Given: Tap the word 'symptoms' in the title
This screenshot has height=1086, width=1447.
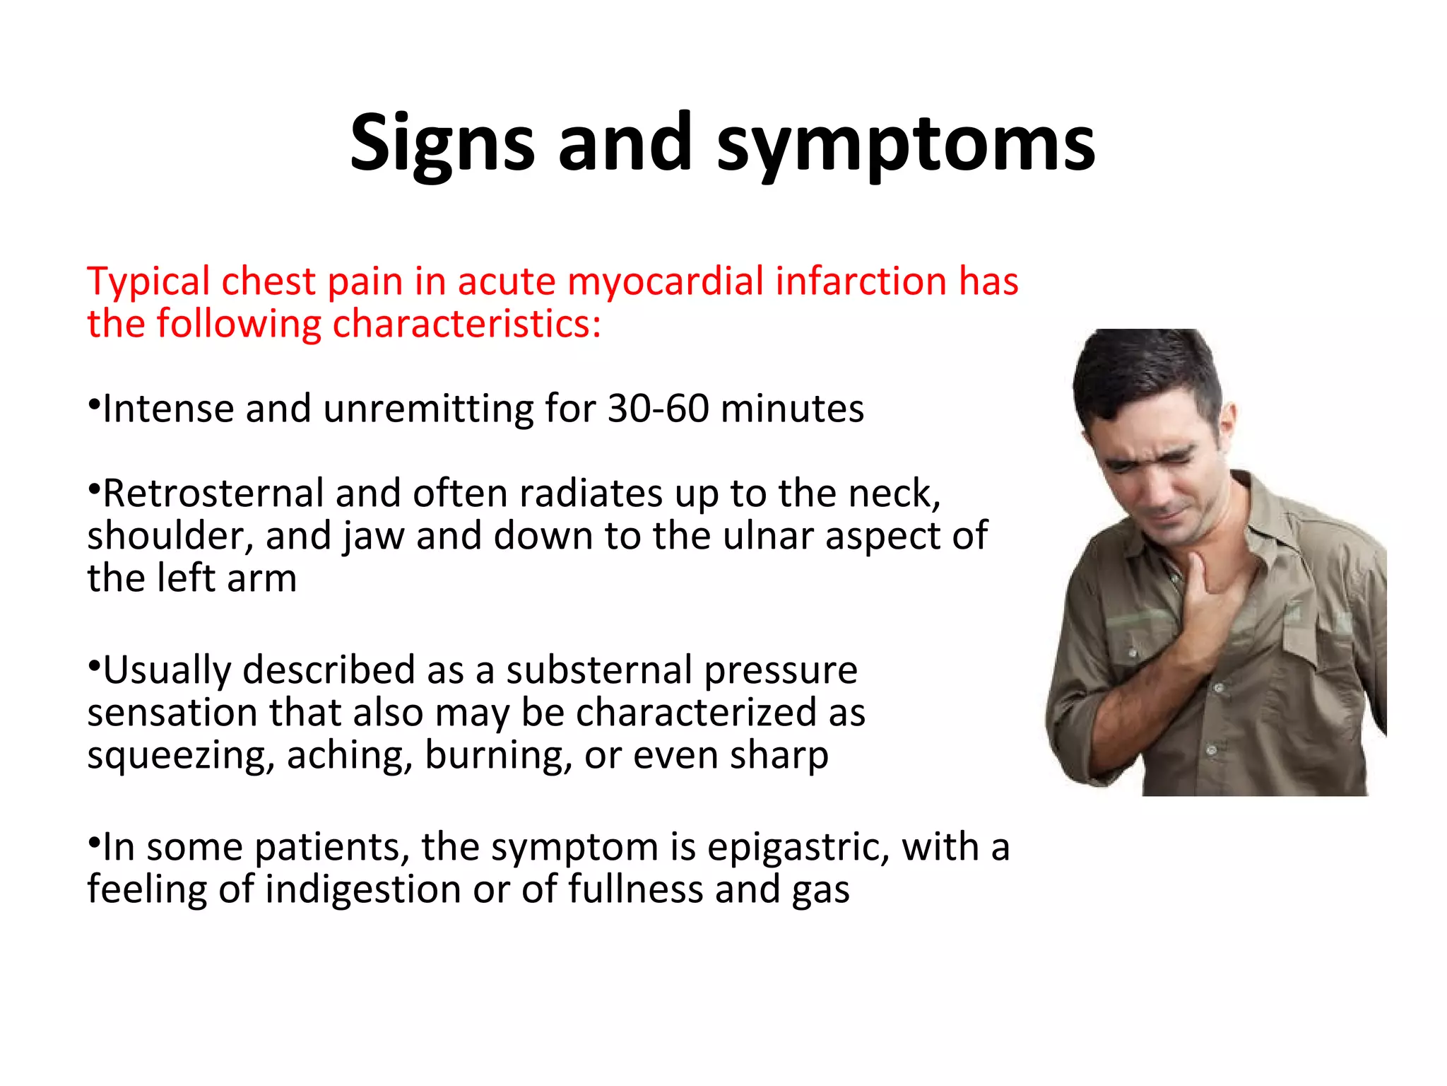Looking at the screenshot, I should pos(906,145).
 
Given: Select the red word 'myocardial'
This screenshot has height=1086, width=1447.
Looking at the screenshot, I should pos(666,281).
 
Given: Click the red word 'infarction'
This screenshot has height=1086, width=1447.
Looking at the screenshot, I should pos(861,281).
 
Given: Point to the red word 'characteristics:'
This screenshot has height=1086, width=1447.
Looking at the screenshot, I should pos(466,324).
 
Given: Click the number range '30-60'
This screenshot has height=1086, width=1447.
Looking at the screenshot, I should pos(658,409).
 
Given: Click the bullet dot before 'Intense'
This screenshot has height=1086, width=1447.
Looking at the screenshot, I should pos(93,405).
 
